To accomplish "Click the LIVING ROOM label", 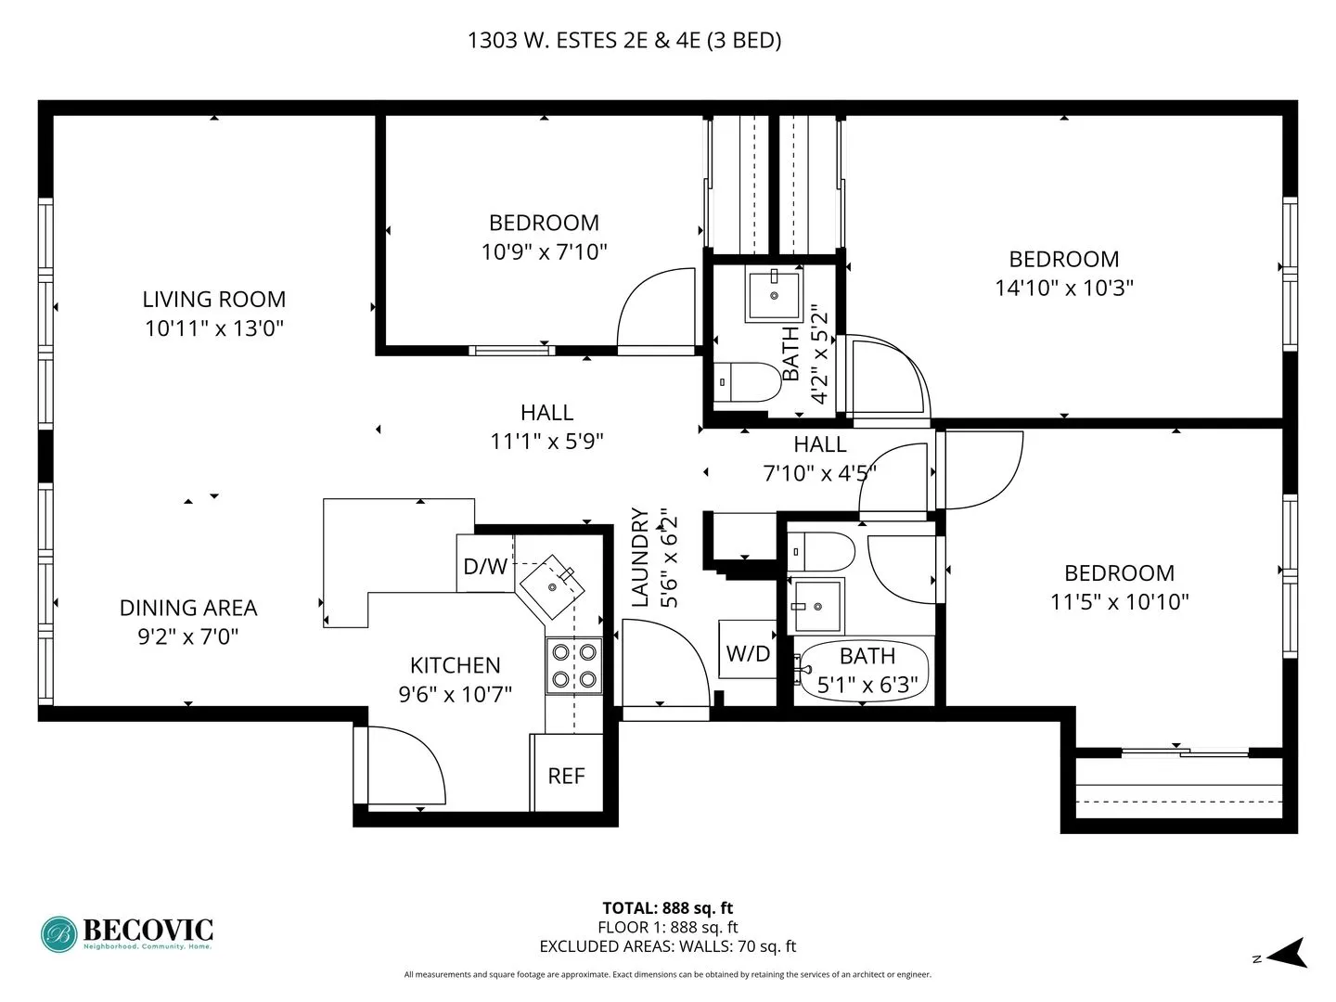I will click(213, 300).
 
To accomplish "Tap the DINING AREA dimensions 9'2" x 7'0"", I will click(188, 636).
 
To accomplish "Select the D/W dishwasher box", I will click(485, 565).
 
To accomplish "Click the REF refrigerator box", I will click(566, 776).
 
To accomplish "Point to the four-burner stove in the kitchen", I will click(573, 665).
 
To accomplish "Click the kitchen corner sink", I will click(554, 586).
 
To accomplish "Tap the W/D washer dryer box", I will click(748, 653).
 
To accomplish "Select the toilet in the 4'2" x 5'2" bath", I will click(753, 381).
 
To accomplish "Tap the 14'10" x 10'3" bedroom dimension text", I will click(1064, 288).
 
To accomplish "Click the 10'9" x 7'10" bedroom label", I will click(544, 223).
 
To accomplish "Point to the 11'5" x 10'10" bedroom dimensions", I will click(1119, 601).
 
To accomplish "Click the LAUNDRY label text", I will click(640, 557).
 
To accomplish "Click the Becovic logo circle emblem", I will click(59, 933).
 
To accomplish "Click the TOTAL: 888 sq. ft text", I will click(667, 908).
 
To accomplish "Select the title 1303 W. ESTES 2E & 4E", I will click(624, 40).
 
